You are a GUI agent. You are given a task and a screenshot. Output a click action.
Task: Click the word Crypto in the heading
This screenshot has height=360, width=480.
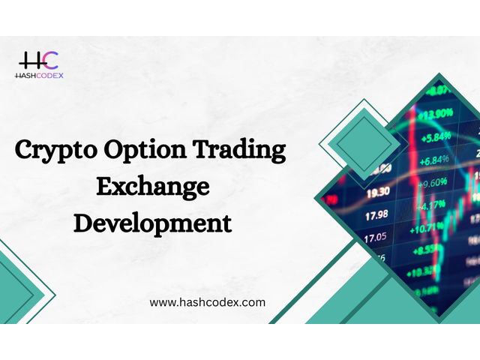pyautogui.click(x=56, y=150)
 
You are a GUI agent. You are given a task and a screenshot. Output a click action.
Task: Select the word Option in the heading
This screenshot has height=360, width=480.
pyautogui.click(x=145, y=150)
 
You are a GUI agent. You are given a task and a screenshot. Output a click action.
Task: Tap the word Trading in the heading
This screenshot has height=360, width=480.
pyautogui.click(x=239, y=149)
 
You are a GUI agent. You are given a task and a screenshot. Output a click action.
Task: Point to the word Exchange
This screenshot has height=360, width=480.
pyautogui.click(x=153, y=187)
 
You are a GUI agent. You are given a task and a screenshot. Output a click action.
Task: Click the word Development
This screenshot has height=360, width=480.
pyautogui.click(x=152, y=223)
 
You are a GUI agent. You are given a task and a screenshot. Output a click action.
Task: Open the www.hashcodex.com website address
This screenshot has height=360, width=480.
pyautogui.click(x=207, y=303)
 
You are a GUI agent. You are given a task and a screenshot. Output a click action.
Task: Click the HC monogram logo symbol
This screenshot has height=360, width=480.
pyautogui.click(x=38, y=60)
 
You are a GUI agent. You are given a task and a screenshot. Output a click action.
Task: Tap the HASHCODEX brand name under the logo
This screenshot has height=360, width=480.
pyautogui.click(x=39, y=76)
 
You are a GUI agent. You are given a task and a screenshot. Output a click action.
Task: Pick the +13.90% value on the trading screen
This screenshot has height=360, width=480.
pyautogui.click(x=435, y=115)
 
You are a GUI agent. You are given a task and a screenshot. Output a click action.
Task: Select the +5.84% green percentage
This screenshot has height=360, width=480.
pyautogui.click(x=436, y=137)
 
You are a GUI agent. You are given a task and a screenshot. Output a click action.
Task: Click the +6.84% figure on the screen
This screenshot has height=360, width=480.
pyautogui.click(x=434, y=160)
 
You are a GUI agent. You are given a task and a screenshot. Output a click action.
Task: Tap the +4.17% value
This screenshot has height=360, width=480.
pyautogui.click(x=430, y=205)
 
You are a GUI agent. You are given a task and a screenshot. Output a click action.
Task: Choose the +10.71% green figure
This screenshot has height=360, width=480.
pyautogui.click(x=427, y=228)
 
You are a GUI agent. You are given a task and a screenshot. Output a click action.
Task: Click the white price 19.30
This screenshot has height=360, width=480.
pyautogui.click(x=378, y=193)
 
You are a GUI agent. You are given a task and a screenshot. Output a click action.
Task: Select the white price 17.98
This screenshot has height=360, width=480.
pyautogui.click(x=376, y=215)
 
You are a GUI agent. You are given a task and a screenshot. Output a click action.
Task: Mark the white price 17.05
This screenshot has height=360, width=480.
pyautogui.click(x=375, y=237)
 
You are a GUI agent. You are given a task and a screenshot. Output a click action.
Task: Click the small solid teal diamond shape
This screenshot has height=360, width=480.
pyautogui.click(x=364, y=144)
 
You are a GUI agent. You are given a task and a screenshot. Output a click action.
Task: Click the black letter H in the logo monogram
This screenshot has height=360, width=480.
pyautogui.click(x=30, y=61)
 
